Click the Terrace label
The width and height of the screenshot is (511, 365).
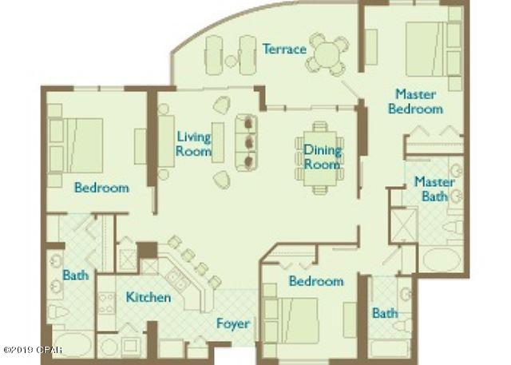click(x=284, y=50)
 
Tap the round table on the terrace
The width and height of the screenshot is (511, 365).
click(x=328, y=54)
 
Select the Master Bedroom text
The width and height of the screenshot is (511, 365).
click(x=415, y=101)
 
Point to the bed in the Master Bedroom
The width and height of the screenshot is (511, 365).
click(x=428, y=50)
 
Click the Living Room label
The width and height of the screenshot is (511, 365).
click(x=194, y=144)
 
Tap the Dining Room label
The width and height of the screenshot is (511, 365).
click(x=322, y=157)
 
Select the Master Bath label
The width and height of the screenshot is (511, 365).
click(x=434, y=188)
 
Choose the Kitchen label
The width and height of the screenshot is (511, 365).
click(x=149, y=298)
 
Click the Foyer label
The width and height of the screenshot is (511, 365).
click(x=233, y=324)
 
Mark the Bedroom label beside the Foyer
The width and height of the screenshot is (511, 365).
click(x=316, y=281)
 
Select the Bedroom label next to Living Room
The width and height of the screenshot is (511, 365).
click(x=101, y=188)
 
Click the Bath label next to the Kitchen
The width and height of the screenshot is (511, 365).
click(x=75, y=276)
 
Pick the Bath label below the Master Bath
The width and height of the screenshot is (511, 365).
click(x=384, y=313)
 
